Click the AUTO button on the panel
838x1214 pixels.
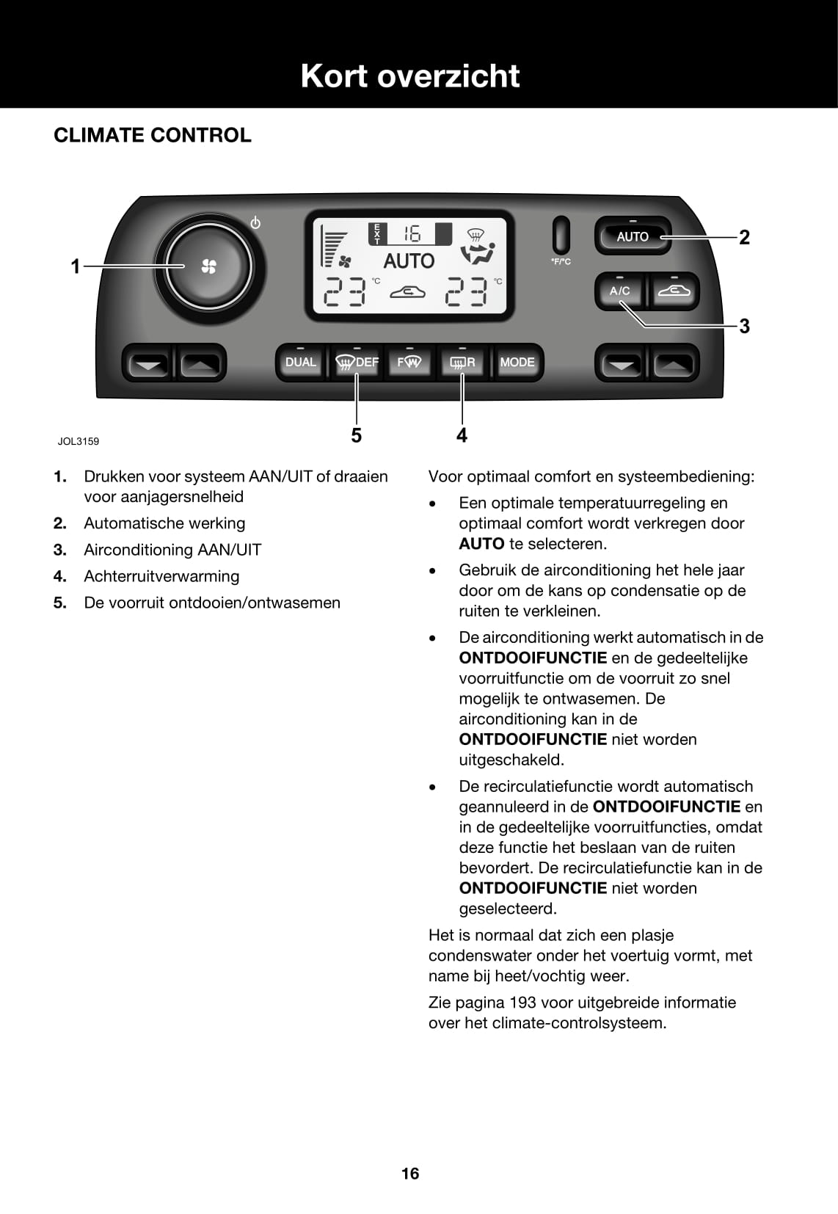(633, 236)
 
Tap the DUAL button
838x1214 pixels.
(300, 363)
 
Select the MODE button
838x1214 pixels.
(517, 363)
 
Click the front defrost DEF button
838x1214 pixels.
(357, 363)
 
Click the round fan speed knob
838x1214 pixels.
(208, 266)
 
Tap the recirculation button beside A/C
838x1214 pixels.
(674, 291)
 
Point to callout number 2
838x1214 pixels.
(744, 237)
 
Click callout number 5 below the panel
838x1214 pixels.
(356, 435)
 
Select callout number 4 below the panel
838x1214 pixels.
(462, 435)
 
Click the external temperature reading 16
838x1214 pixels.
(412, 234)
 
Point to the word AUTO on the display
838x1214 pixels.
(409, 261)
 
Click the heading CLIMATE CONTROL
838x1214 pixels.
(153, 135)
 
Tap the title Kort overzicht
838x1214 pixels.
(410, 76)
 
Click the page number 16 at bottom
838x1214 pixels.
(410, 1174)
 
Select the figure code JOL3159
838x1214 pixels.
(79, 441)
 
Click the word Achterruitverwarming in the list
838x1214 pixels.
(161, 576)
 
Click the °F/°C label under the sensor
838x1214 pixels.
(561, 262)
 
